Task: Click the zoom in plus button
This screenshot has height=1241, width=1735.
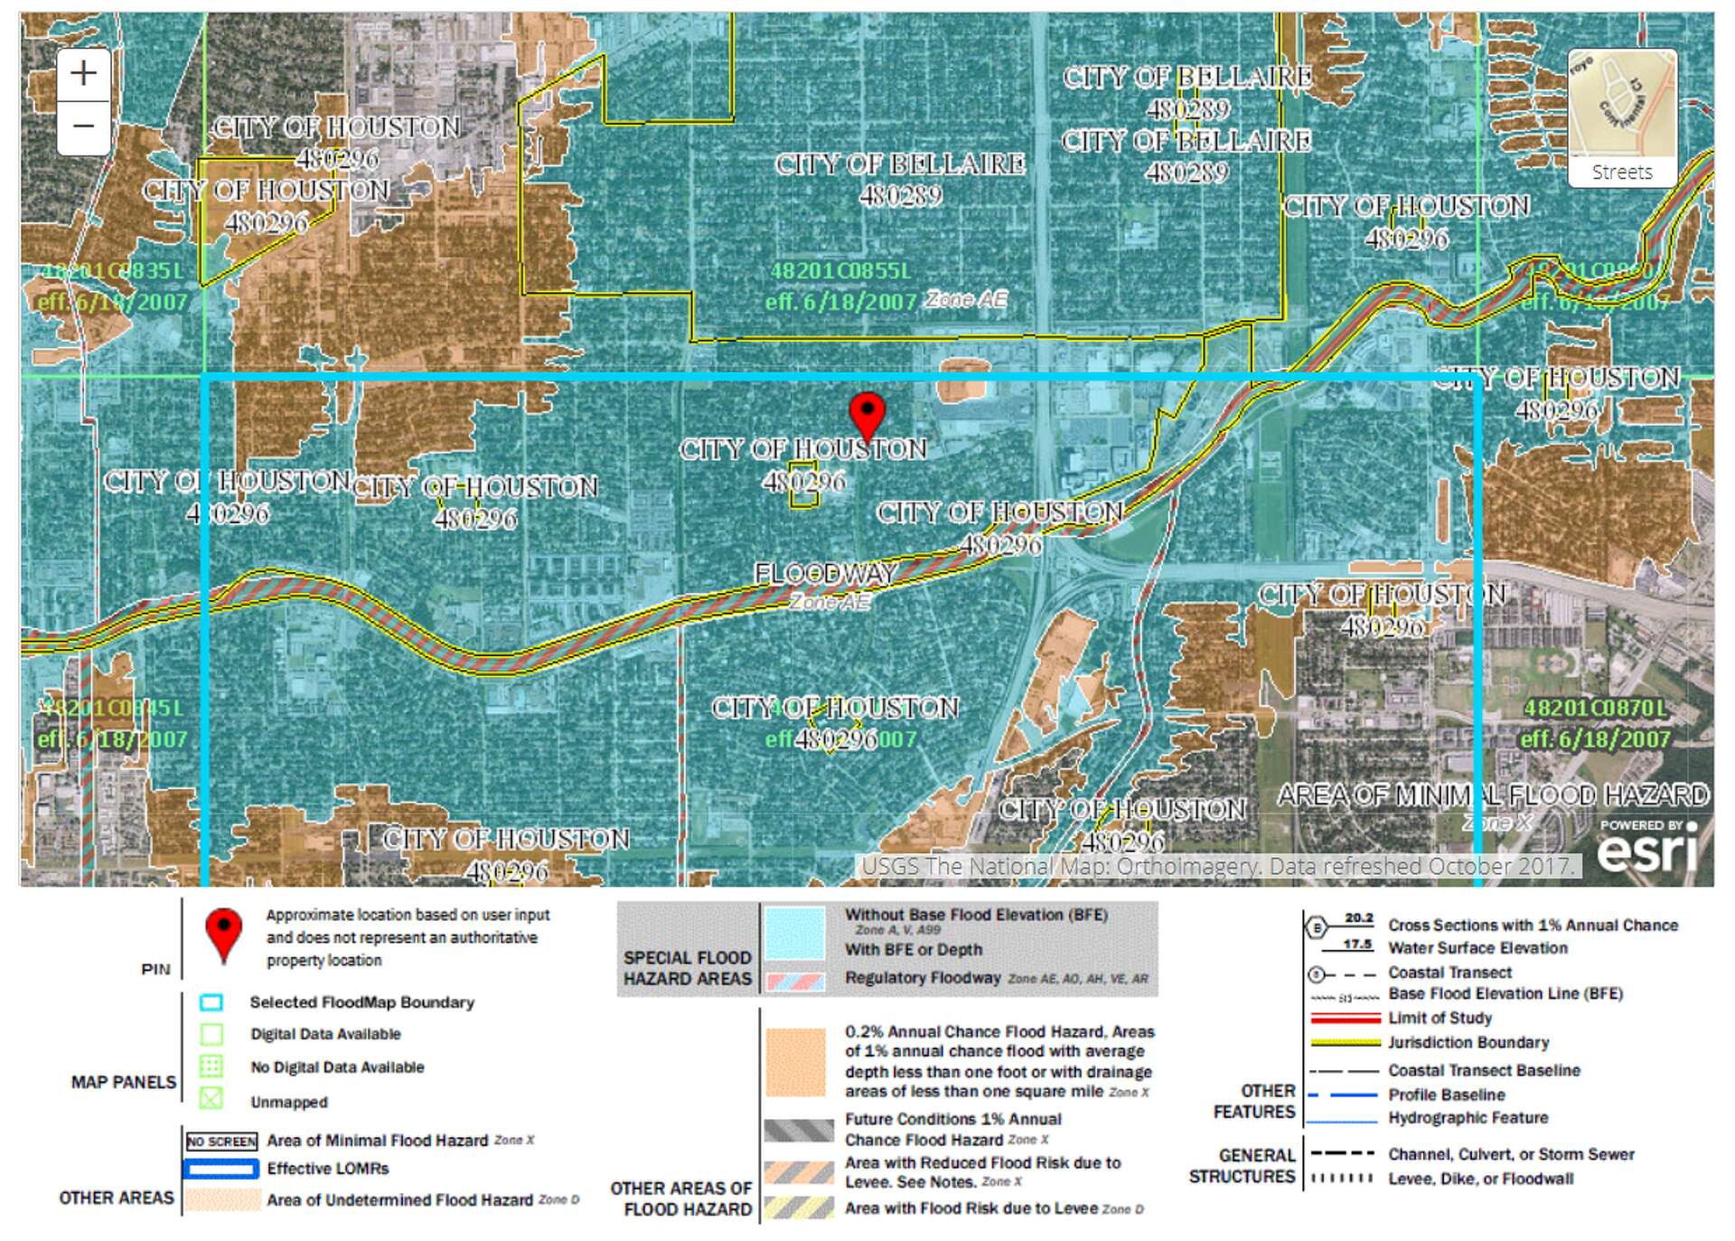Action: [x=83, y=73]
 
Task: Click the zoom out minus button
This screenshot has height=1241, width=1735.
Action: [x=83, y=126]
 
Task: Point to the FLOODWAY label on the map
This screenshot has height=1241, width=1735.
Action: [x=825, y=573]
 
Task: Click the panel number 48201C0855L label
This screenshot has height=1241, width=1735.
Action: [x=840, y=270]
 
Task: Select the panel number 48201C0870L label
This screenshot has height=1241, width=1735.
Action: [x=1595, y=708]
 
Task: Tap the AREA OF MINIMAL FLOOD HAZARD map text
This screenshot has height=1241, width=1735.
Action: [x=1492, y=795]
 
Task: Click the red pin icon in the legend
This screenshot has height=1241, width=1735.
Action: [x=223, y=935]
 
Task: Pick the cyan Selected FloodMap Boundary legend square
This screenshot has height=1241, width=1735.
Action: [x=211, y=1002]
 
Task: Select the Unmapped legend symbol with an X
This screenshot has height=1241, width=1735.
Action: [x=211, y=1099]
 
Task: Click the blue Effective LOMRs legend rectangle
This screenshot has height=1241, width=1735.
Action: [x=221, y=1169]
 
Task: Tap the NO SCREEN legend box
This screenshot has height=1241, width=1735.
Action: [x=221, y=1142]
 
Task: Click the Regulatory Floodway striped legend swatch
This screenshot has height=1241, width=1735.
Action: [x=794, y=981]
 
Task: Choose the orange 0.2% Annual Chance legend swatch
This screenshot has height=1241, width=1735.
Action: [x=794, y=1062]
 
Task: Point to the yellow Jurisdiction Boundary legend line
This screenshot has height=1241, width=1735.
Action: [x=1345, y=1042]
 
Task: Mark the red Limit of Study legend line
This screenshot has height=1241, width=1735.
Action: [x=1345, y=1018]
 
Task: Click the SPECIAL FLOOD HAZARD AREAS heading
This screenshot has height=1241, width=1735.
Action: [x=687, y=968]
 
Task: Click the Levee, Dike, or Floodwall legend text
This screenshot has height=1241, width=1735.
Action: [x=1480, y=1179]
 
